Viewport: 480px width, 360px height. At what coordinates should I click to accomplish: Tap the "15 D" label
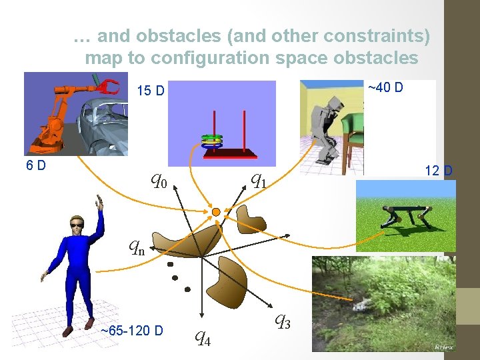pyautogui.click(x=150, y=91)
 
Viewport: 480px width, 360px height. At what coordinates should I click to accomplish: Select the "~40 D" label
pyautogui.click(x=385, y=87)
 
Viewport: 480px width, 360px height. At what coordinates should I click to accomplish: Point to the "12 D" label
pyautogui.click(x=439, y=171)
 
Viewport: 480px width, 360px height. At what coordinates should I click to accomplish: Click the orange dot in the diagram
pyautogui.click(x=216, y=212)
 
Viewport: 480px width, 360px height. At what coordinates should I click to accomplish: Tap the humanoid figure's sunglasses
pyautogui.click(x=79, y=226)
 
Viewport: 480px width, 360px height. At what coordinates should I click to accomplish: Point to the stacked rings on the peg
pyautogui.click(x=212, y=141)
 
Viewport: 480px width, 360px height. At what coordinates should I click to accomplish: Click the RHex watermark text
pyautogui.click(x=443, y=347)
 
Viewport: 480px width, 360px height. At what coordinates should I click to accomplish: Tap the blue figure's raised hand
pyautogui.click(x=99, y=201)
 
